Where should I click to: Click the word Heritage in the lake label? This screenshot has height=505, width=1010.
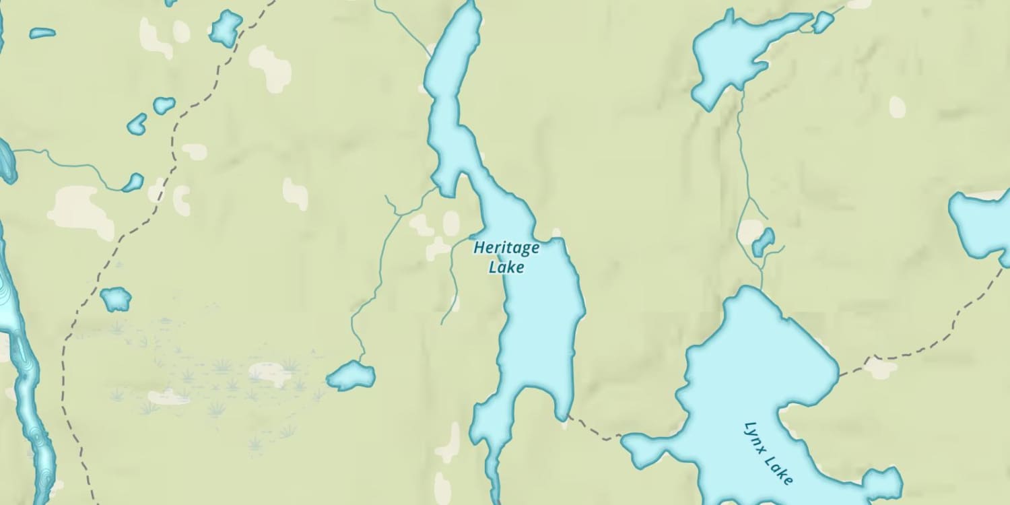click(x=506, y=248)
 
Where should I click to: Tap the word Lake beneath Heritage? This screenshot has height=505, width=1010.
click(x=506, y=267)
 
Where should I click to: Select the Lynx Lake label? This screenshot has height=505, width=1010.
click(x=769, y=453)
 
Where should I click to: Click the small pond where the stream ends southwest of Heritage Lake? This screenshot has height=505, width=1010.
click(x=351, y=376)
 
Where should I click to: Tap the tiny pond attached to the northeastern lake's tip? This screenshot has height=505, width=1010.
click(x=823, y=22)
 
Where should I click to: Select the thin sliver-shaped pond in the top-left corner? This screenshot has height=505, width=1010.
click(x=42, y=32)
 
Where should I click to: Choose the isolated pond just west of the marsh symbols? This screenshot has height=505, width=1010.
click(x=116, y=298)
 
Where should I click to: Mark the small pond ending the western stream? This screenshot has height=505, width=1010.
click(x=133, y=182)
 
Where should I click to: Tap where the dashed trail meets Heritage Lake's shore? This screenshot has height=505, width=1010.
click(x=566, y=415)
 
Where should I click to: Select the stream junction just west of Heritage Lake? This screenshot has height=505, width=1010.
click(x=400, y=215)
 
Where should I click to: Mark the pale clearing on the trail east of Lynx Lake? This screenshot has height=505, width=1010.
click(x=882, y=367)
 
